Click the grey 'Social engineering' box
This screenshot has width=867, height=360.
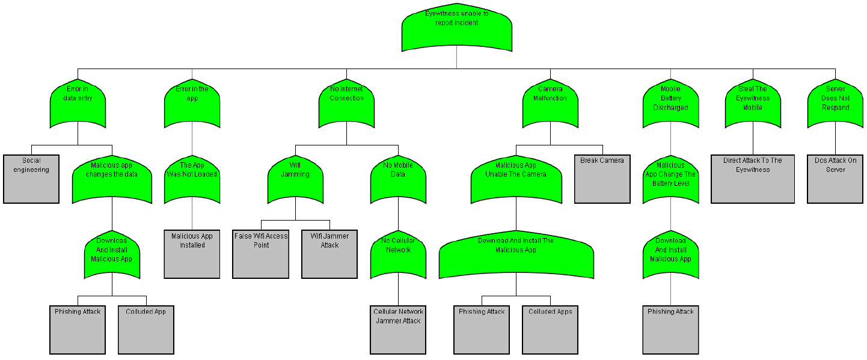[x=31, y=178]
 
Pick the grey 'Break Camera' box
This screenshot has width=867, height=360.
[x=602, y=178]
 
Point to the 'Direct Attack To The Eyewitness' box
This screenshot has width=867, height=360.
[x=753, y=178]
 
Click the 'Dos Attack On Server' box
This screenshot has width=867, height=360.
[x=835, y=178]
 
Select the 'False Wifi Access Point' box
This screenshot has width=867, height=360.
[x=261, y=254]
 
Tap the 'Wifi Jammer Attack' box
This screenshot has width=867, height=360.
[x=329, y=254]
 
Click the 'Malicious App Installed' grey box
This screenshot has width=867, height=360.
[x=192, y=254]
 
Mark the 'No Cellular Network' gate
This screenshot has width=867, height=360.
[x=398, y=255]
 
